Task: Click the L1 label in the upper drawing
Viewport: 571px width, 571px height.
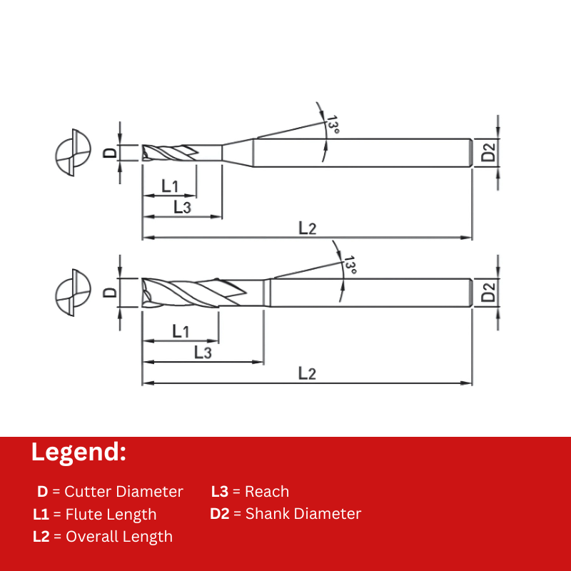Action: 169,186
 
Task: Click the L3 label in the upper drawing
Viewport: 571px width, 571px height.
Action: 182,208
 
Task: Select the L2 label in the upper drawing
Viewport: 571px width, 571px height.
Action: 307,228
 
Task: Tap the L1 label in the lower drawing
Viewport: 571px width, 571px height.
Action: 181,331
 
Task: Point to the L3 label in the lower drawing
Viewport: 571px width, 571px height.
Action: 203,353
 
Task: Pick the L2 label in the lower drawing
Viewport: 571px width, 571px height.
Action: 307,373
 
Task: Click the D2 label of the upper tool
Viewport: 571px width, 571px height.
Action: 488,153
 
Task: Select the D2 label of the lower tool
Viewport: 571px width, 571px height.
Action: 488,292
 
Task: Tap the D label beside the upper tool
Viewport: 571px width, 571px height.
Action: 109,153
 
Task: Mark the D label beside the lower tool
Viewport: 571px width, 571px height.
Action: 109,292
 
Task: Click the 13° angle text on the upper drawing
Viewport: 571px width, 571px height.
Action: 332,125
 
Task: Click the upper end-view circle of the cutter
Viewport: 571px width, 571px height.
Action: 74,153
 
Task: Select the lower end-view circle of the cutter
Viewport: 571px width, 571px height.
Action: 74,292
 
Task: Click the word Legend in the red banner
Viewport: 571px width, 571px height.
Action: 79,453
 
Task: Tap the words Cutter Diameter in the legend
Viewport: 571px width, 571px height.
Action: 123,492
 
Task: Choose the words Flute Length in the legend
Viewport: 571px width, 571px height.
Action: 111,515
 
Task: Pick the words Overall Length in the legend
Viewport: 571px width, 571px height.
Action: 119,537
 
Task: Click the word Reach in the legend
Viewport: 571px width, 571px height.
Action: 266,492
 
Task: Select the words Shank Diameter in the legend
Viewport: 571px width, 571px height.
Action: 303,514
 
